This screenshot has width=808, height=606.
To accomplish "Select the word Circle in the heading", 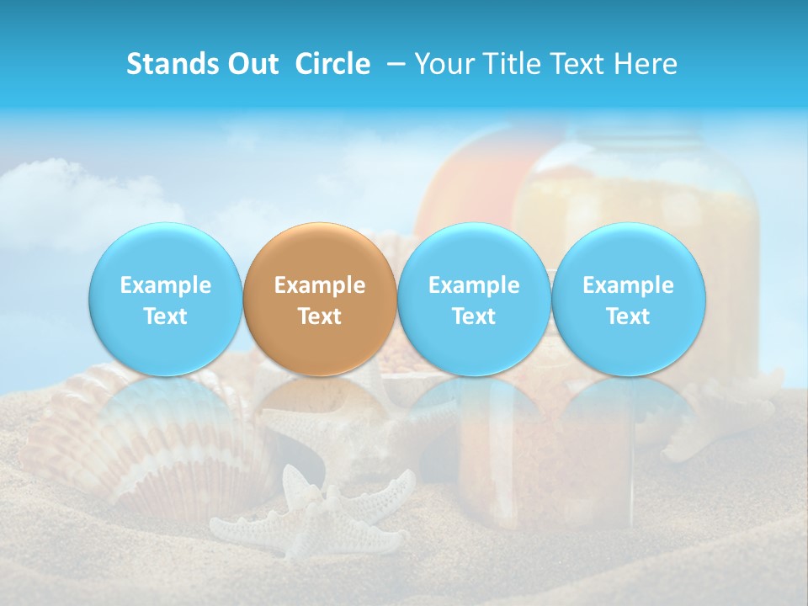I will pos(332,64).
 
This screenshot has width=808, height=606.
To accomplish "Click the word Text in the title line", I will pos(578,64).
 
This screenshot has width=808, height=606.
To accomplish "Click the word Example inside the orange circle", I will pos(320,285).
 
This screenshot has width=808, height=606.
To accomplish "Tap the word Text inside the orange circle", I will pos(320,316).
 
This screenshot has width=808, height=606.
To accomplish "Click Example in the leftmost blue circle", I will pos(165,285).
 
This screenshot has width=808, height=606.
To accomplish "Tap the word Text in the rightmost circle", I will pos(629,316).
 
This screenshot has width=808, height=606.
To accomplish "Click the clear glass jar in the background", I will pos(640,194).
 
